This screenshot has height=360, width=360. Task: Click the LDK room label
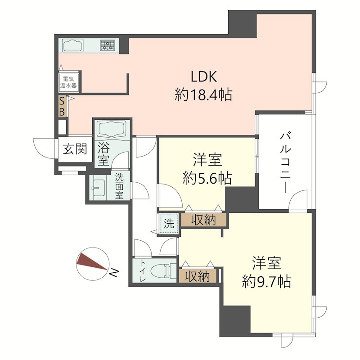[204, 76]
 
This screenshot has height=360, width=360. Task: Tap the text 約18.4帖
[204, 94]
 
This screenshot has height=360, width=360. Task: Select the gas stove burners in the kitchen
[107, 45]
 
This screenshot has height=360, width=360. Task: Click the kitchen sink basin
[73, 46]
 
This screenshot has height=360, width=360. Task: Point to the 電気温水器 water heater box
[69, 82]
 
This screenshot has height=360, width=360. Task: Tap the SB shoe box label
[62, 107]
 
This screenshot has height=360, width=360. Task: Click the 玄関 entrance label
[75, 149]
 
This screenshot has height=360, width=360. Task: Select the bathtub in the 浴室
[112, 129]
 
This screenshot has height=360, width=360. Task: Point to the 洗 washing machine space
[169, 223]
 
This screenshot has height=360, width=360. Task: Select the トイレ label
[143, 271]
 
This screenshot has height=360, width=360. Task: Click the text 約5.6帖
[207, 178]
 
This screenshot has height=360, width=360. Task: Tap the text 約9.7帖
[267, 282]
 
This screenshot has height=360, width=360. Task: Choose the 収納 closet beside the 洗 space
[204, 220]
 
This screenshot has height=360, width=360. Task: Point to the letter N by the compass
[114, 273]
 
